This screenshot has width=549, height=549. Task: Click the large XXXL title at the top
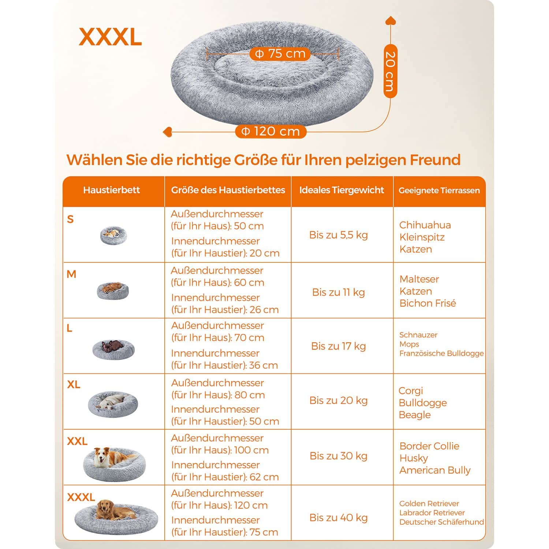pyautogui.click(x=110, y=37)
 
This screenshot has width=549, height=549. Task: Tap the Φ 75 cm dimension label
pyautogui.click(x=280, y=54)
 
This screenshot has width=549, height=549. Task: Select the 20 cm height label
pyautogui.click(x=391, y=71)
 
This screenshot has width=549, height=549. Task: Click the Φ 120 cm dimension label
pyautogui.click(x=271, y=131)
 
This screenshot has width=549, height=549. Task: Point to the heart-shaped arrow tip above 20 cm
pyautogui.click(x=391, y=20)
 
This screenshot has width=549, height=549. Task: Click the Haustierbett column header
pyautogui.click(x=112, y=190)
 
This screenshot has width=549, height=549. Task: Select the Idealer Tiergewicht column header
pyautogui.click(x=341, y=190)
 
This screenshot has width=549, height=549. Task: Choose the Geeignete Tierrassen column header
pyautogui.click(x=439, y=190)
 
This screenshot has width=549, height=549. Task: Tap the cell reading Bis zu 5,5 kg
pyautogui.click(x=339, y=235)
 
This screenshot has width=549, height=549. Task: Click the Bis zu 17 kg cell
pyautogui.click(x=339, y=346)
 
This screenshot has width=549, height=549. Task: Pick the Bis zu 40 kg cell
pyautogui.click(x=339, y=518)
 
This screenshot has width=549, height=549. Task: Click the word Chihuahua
pyautogui.click(x=425, y=225)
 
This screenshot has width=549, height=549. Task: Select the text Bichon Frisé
pyautogui.click(x=428, y=303)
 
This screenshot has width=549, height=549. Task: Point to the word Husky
pyautogui.click(x=414, y=458)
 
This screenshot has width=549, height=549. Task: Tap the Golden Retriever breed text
pyautogui.click(x=429, y=504)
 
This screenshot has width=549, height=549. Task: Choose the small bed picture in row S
pyautogui.click(x=113, y=235)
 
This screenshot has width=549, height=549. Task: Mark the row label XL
pyautogui.click(x=74, y=384)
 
